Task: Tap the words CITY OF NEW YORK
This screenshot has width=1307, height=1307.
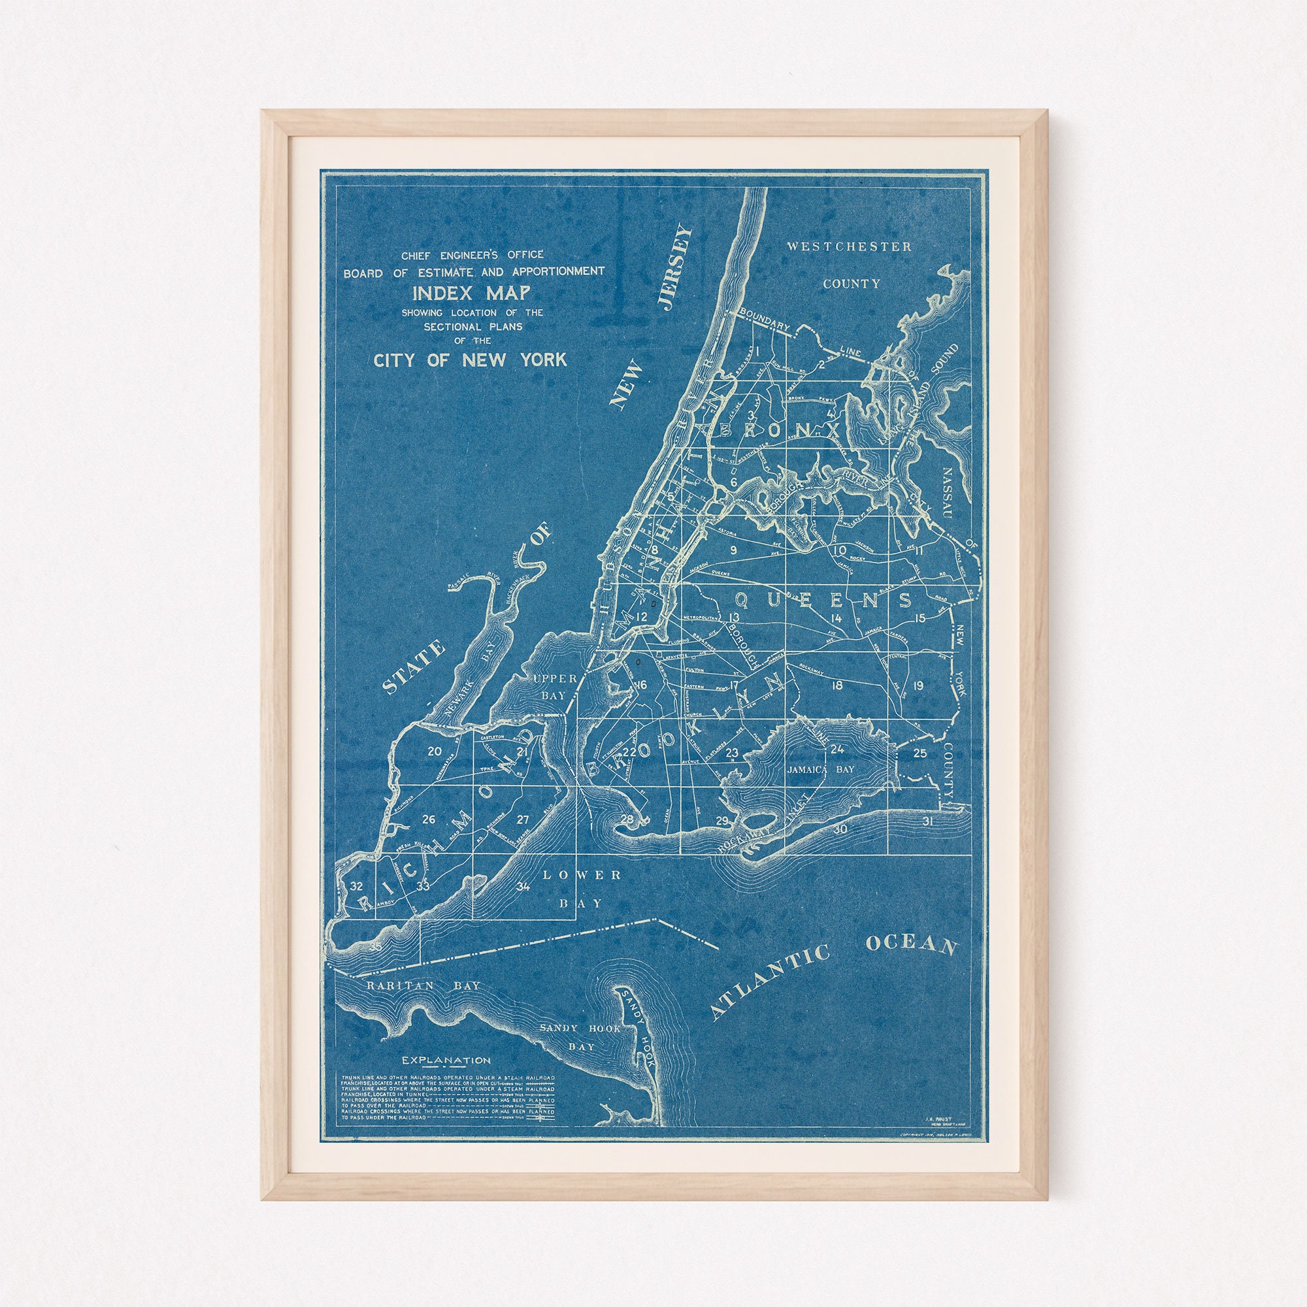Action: (470, 360)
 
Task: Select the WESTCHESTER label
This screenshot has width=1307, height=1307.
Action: (848, 247)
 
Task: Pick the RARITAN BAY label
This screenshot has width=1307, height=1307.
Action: (423, 985)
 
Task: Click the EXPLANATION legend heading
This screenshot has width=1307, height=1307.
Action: (446, 1060)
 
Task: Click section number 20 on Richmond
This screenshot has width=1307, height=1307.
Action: (435, 751)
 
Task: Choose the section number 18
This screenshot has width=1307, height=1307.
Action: (837, 686)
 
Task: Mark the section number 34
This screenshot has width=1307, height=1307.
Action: (523, 886)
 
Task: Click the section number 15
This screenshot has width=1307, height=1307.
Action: (919, 618)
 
